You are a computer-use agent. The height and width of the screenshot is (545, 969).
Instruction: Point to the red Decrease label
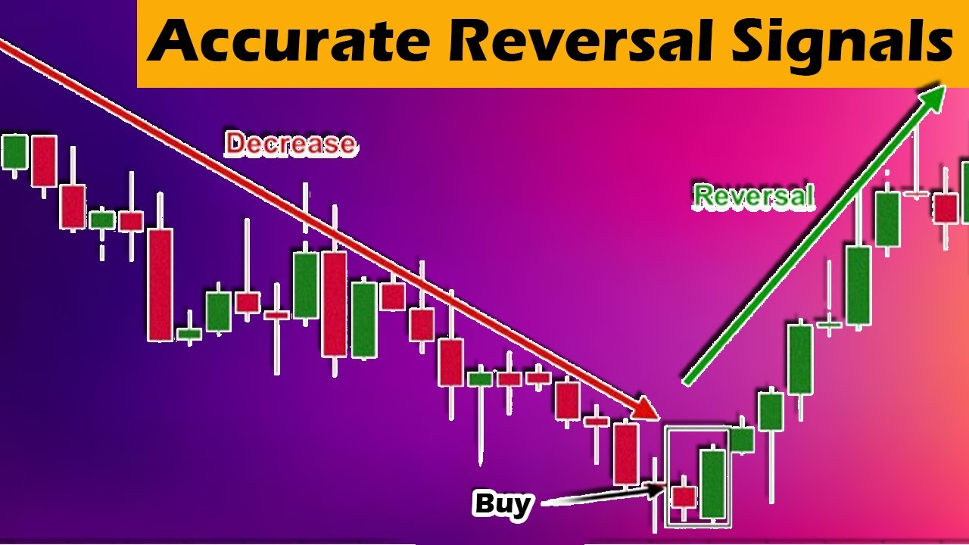coord(290,144)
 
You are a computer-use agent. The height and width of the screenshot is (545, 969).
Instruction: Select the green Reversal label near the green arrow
coord(754,197)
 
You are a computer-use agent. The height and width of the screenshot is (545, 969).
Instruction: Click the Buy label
coord(502,503)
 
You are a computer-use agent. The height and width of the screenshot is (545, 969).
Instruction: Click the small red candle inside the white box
coord(684,497)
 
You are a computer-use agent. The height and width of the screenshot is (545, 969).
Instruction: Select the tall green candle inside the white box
coord(712,484)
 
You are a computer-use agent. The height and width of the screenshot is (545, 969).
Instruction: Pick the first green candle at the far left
coord(14,151)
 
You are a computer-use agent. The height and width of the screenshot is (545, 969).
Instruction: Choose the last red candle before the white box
coord(626,454)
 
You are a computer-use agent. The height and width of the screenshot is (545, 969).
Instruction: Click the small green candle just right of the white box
coord(742,440)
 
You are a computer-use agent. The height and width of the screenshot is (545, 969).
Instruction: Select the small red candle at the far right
coord(945,207)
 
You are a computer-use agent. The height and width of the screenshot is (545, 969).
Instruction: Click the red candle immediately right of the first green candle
coord(43,160)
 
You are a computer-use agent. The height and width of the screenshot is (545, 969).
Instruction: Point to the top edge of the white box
coord(697,428)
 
